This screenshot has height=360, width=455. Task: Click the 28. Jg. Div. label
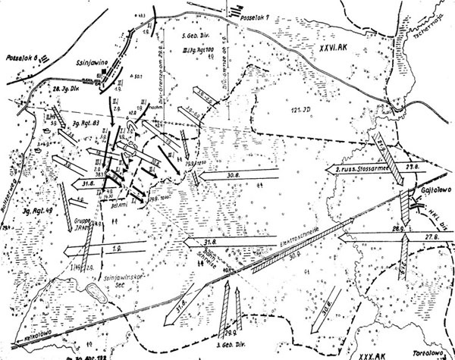[x=67, y=89]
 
